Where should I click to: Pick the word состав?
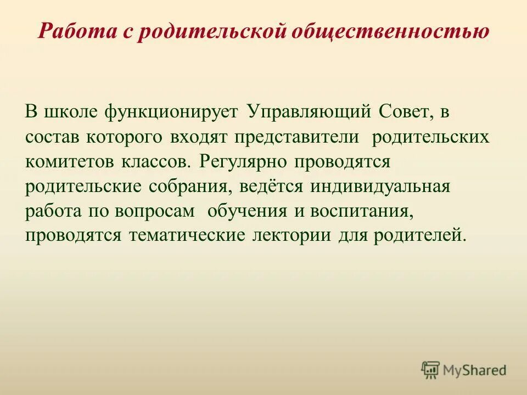point(53,137)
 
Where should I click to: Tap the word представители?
point(297,137)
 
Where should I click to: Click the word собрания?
point(192,187)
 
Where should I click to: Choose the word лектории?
point(288,236)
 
